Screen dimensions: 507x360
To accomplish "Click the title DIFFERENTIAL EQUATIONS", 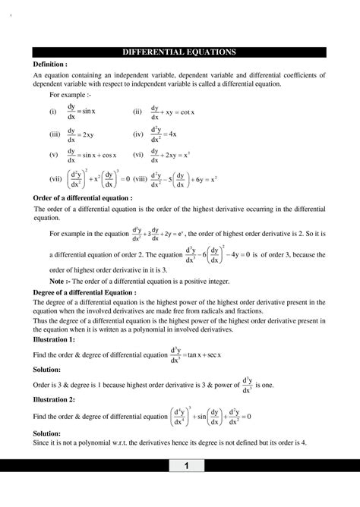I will point(180,52).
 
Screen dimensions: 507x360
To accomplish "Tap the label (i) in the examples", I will point(52,112).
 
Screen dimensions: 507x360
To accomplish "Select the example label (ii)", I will point(137,112).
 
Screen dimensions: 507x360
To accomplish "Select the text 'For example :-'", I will point(69,96).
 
